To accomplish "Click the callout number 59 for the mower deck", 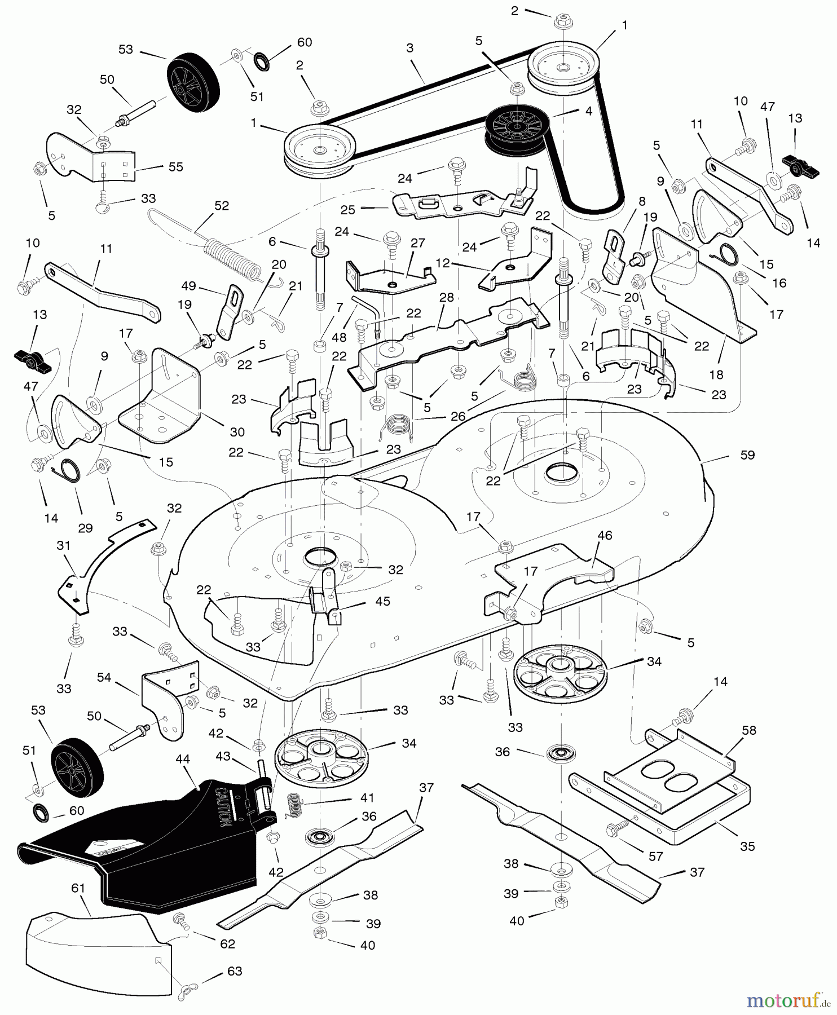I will [x=747, y=454].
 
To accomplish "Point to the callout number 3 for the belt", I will [x=410, y=49].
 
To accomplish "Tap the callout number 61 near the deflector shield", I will [x=78, y=889].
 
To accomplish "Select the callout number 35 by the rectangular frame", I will [x=747, y=846].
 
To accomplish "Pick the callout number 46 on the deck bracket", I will [x=605, y=535].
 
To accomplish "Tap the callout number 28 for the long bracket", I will [x=446, y=297].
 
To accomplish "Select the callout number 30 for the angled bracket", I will [x=237, y=432].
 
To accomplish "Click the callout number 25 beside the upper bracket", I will [x=348, y=209].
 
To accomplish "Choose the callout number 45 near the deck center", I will [x=382, y=602].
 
